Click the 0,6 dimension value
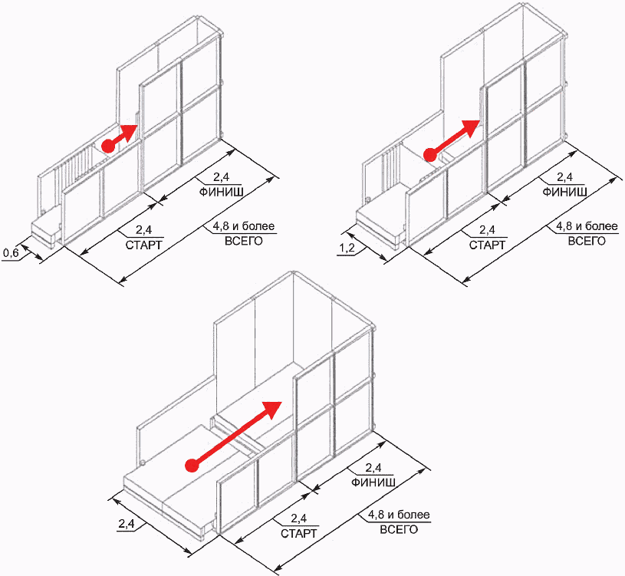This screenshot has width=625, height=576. coord(11,253)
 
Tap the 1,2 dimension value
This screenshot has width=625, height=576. coord(347,249)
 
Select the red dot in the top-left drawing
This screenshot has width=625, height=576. coord(108,146)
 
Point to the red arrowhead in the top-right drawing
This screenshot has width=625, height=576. coord(471,127)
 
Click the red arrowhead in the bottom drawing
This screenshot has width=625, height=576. coord(273,410)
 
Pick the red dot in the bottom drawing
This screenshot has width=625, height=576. coord(192,466)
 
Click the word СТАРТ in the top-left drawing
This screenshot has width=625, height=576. coord(144,245)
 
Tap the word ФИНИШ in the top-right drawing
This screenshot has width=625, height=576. coord(565,192)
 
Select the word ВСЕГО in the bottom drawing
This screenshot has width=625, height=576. coord(399,529)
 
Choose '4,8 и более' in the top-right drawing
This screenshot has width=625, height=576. coord(587,226)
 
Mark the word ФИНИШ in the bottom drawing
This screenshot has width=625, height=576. coord(373,482)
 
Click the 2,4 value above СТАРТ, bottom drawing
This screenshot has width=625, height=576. coord(298,518)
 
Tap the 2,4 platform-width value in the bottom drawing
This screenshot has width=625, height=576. coord(126,524)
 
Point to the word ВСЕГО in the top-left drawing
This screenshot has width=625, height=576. coord(244,241)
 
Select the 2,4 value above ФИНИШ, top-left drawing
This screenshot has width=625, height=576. coord(221,177)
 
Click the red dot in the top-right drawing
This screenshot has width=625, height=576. coord(429,155)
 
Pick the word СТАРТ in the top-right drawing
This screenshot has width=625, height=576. coord(487,245)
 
